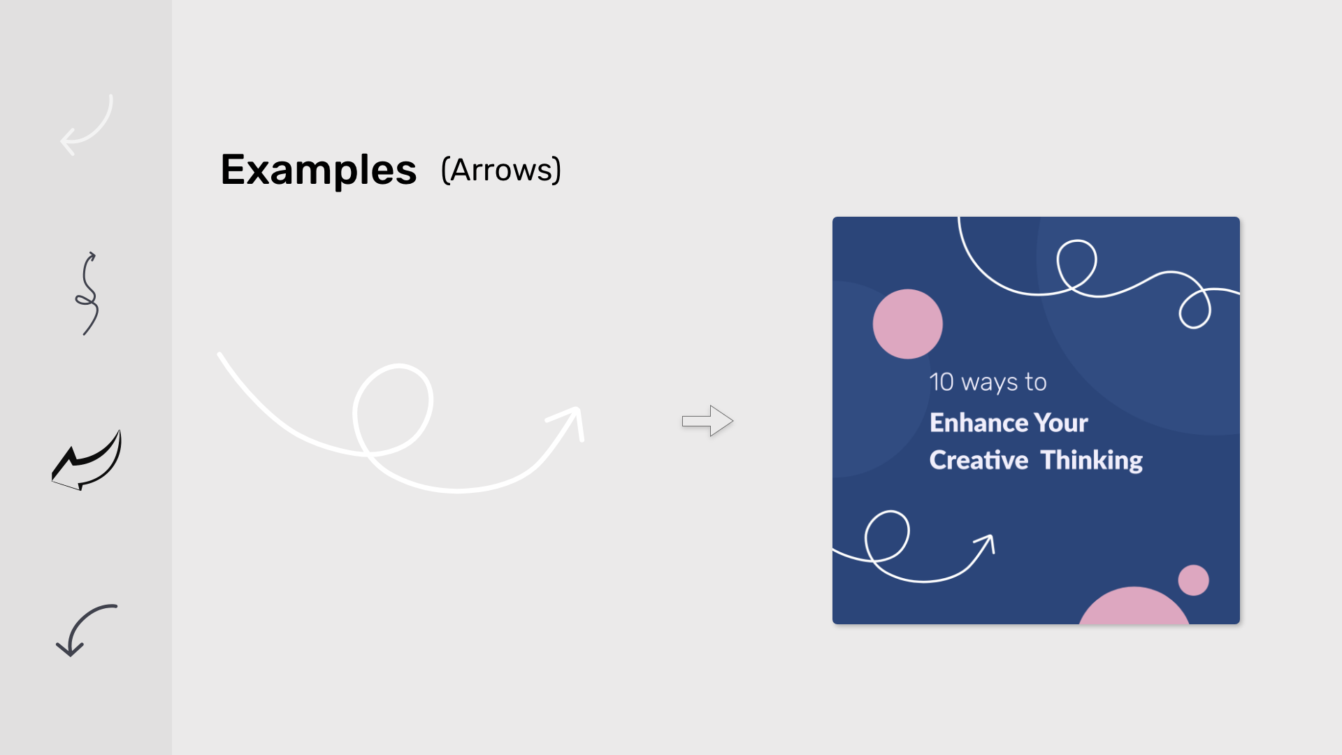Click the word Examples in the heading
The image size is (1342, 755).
click(319, 170)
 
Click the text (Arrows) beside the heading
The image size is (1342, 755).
click(500, 170)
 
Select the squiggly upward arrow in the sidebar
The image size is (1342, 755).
click(87, 294)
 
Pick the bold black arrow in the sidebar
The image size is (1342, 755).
click(87, 461)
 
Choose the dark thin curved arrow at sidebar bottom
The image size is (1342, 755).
click(85, 629)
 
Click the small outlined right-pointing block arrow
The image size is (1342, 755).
click(707, 421)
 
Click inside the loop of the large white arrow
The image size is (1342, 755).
click(393, 409)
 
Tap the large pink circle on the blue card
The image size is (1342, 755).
click(907, 324)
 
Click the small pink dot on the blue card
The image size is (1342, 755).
click(1193, 580)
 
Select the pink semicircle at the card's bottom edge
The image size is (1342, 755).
click(1134, 608)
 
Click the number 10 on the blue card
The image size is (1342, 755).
click(941, 382)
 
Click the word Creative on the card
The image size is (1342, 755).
click(979, 461)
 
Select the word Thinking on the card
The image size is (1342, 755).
click(1091, 461)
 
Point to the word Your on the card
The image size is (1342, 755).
click(1061, 423)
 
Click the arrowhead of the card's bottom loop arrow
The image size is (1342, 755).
click(987, 542)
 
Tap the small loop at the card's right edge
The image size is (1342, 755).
click(1195, 310)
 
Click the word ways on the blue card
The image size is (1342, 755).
click(990, 383)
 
